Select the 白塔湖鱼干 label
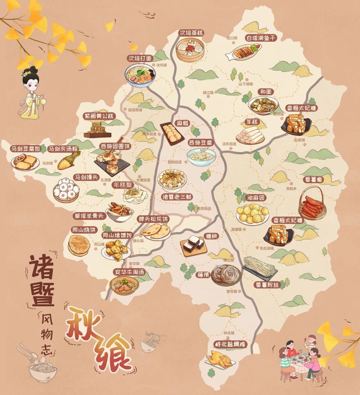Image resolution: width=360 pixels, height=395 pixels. pyautogui.click(x=261, y=38)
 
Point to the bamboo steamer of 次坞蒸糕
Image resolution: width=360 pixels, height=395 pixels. pyautogui.click(x=190, y=50)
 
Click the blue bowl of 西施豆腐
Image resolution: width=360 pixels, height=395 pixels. pyautogui.click(x=202, y=156)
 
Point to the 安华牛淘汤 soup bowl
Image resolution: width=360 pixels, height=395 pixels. pyautogui.click(x=124, y=286)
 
